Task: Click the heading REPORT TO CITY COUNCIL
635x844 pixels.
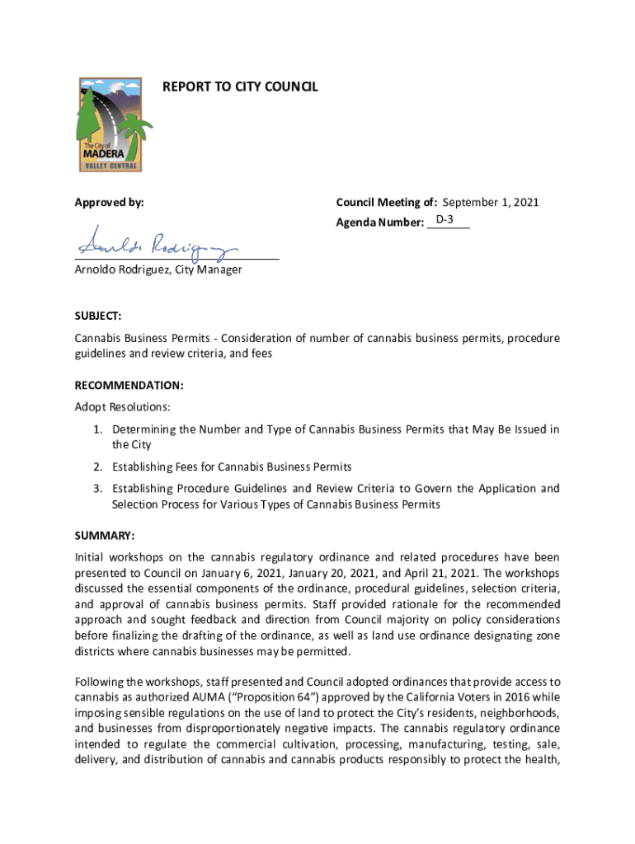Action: coord(239,87)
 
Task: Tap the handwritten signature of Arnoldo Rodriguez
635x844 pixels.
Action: coord(157,242)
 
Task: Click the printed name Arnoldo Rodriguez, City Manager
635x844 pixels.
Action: coord(158,270)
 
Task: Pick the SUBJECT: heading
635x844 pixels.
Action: coord(98,316)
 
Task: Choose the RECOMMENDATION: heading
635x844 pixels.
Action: coord(129,386)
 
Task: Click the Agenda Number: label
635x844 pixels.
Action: coord(379,223)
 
